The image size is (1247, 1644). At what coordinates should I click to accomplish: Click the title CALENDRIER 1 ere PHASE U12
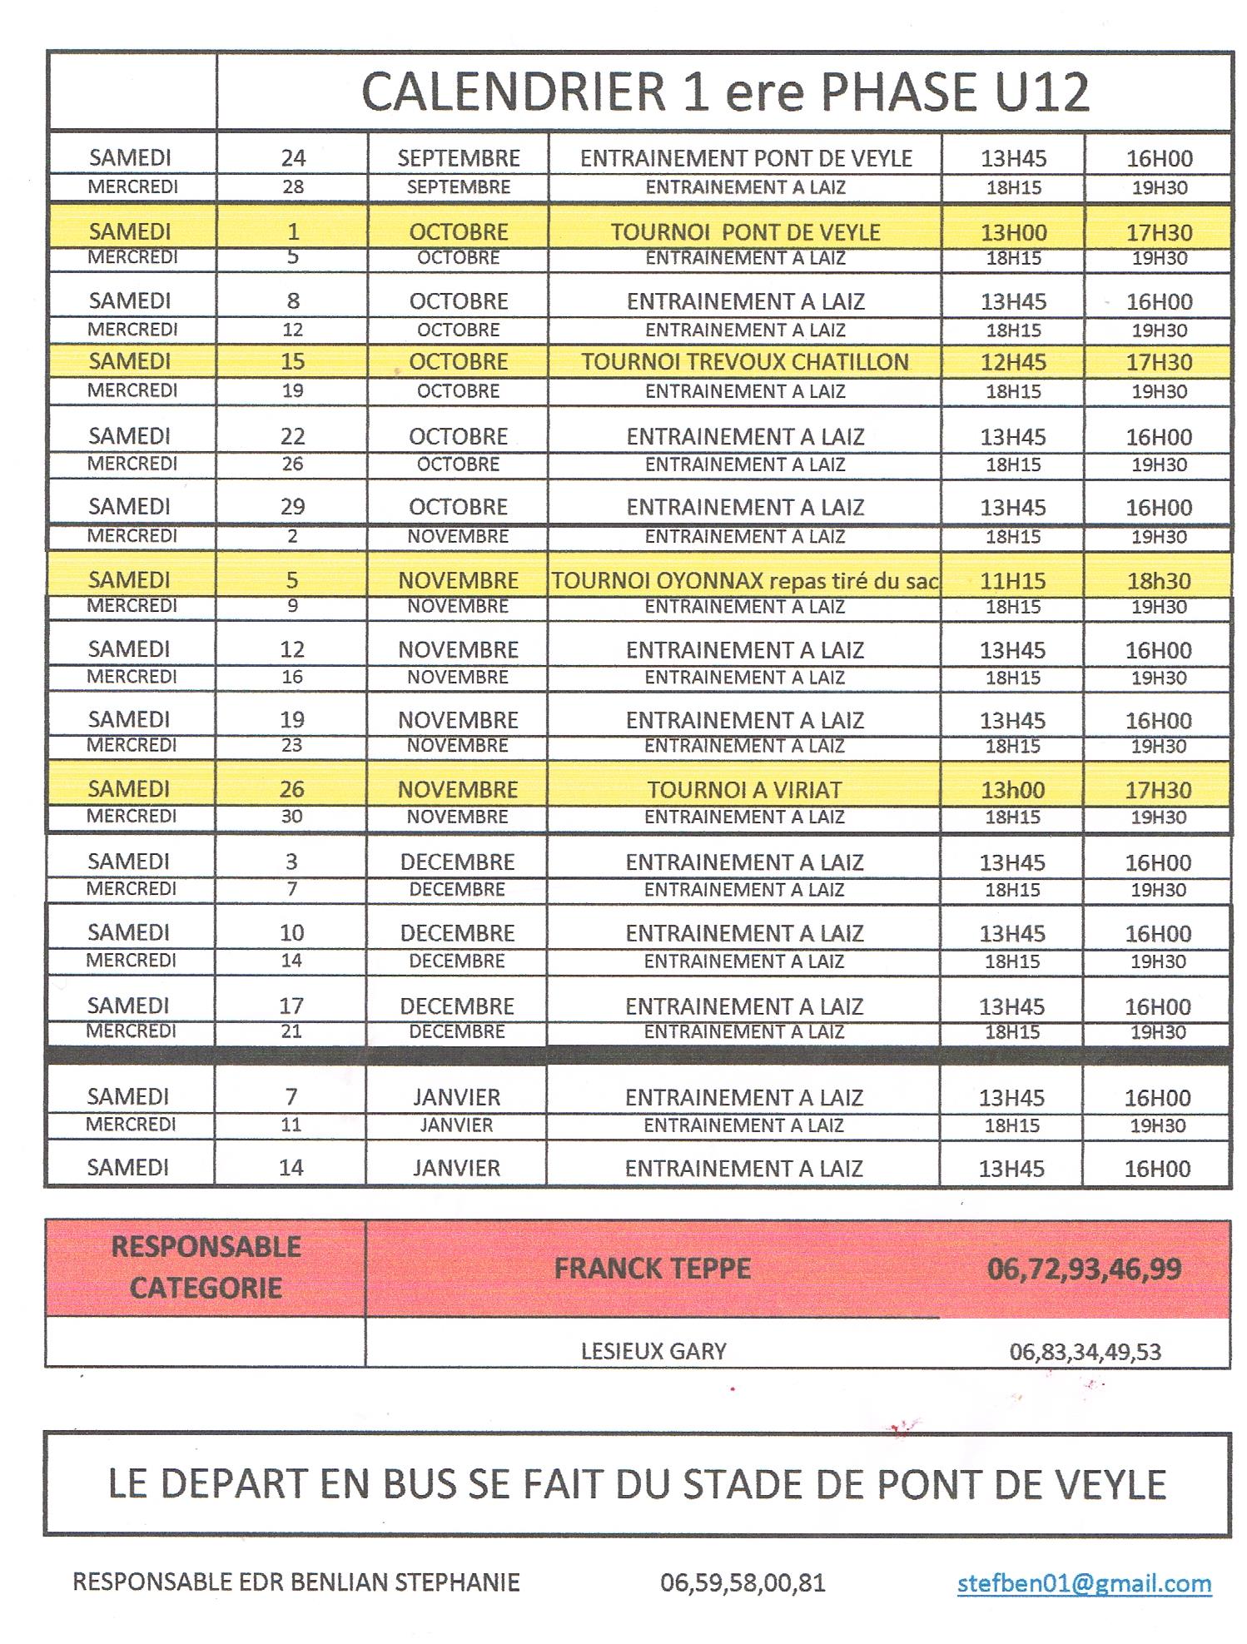[724, 92]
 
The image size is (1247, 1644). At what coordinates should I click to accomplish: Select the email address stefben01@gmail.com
[1084, 1582]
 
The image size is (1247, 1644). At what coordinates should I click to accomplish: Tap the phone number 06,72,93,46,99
[1084, 1269]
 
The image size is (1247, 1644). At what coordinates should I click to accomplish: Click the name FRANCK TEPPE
[653, 1269]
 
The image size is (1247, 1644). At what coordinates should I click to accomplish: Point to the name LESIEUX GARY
[653, 1350]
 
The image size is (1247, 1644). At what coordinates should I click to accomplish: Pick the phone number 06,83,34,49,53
[1085, 1351]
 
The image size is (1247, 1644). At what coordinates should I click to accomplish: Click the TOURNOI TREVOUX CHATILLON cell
[745, 362]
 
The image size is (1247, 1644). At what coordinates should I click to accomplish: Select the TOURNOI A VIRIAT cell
[745, 789]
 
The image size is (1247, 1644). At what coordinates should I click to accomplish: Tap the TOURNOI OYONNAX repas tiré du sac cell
[745, 581]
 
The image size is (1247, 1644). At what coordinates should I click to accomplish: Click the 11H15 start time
[1013, 581]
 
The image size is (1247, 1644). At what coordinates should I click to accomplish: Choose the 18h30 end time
[1159, 581]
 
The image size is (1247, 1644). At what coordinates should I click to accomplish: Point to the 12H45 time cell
[1013, 362]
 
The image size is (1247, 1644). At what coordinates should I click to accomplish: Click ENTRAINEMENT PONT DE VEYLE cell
[746, 158]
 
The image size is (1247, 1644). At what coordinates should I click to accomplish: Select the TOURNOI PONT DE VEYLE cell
[745, 232]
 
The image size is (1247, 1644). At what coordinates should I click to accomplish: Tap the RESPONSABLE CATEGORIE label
[206, 1267]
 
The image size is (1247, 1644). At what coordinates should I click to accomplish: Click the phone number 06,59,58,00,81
[743, 1582]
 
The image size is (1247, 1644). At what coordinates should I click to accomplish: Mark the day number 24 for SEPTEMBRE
[293, 158]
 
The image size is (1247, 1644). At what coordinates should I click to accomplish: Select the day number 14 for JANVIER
[291, 1167]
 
